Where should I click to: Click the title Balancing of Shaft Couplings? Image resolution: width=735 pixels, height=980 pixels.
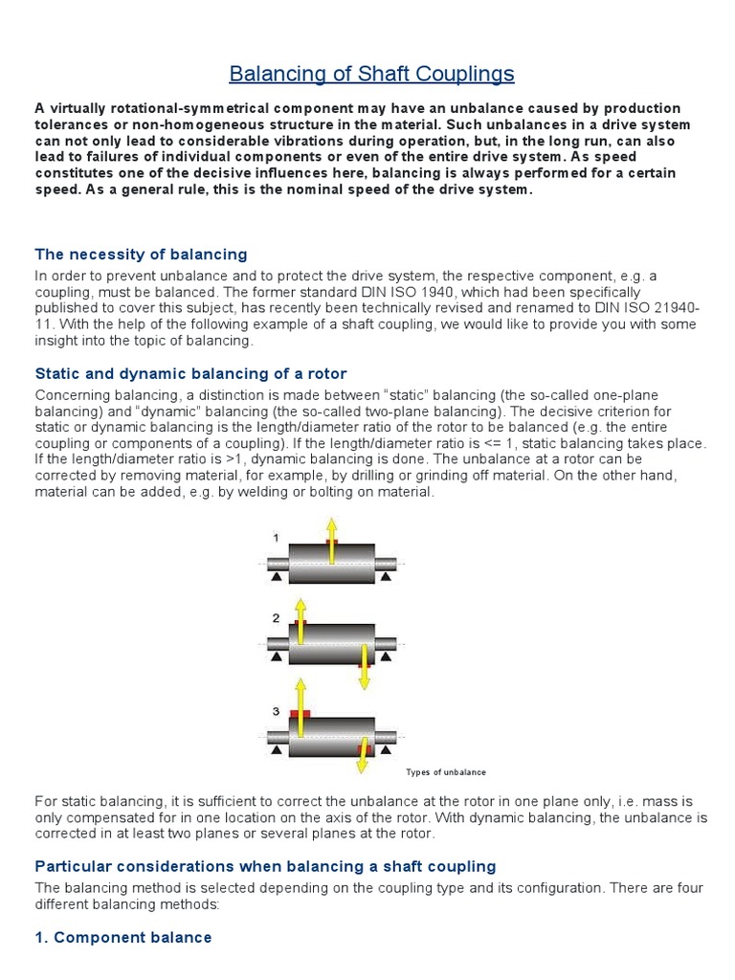[x=372, y=74]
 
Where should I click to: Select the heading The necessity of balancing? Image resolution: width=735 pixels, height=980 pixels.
[x=141, y=255]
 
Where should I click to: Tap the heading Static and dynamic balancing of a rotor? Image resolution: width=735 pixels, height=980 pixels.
[x=190, y=373]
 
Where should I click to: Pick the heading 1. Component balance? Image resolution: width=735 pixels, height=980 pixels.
[x=123, y=937]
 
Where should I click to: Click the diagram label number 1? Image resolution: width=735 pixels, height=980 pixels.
[x=277, y=538]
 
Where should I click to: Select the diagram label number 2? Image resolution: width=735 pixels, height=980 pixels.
[x=276, y=618]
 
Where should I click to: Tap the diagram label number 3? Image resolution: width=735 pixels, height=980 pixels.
[x=276, y=712]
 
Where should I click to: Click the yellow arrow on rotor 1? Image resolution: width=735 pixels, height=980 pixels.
[x=331, y=537]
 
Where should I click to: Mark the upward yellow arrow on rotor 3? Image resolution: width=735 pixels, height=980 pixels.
[x=301, y=704]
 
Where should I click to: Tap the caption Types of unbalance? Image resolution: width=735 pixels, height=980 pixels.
[x=446, y=772]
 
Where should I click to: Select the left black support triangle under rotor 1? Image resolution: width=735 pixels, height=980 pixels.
[x=275, y=577]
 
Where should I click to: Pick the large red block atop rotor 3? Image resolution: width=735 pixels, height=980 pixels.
[x=301, y=714]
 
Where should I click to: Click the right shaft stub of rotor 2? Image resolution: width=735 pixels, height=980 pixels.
[x=388, y=642]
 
